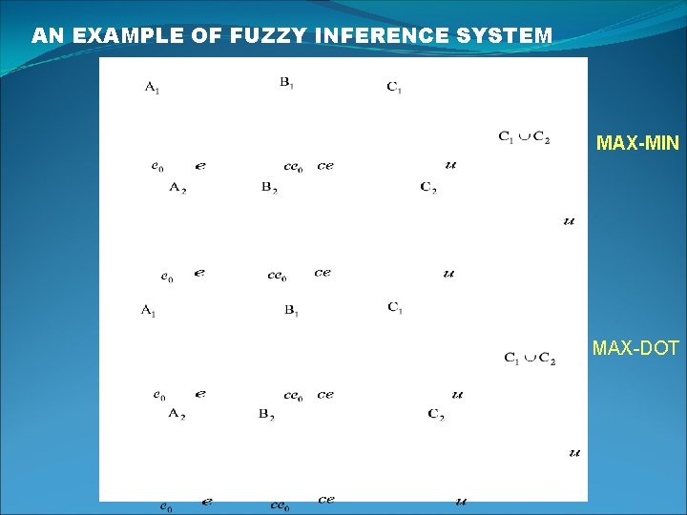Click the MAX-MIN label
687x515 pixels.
coord(637,144)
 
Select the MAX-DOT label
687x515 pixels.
coord(635,348)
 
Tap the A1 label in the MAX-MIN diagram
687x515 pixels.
coord(153,89)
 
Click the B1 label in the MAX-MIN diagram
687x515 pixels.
coord(287,83)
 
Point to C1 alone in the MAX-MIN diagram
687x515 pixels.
coord(394,88)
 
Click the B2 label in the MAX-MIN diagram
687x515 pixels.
coord(269,187)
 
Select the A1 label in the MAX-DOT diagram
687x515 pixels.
coord(148,310)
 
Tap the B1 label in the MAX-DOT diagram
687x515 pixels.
coord(292,310)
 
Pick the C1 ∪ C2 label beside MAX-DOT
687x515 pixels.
coord(530,358)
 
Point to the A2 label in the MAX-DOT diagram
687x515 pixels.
coord(177,413)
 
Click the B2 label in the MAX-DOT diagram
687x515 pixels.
coord(267,413)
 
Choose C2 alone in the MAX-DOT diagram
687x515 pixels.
coord(436,413)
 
